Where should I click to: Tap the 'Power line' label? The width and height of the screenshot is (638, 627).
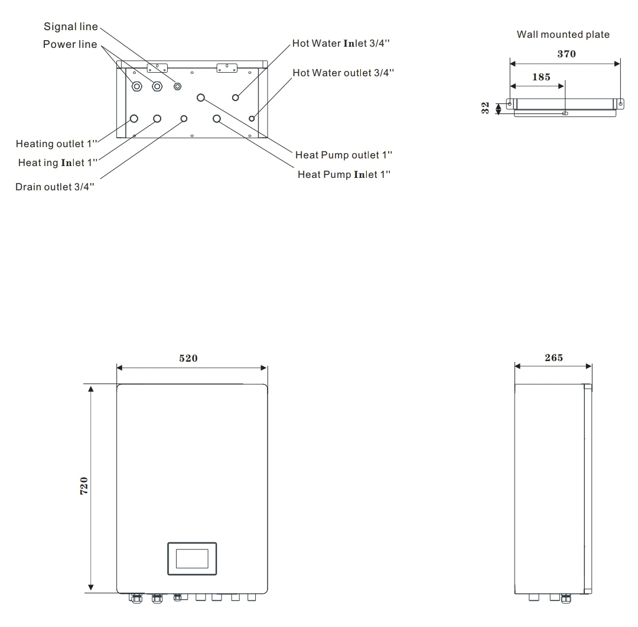click(x=70, y=45)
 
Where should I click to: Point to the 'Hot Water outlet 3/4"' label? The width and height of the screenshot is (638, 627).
click(x=343, y=73)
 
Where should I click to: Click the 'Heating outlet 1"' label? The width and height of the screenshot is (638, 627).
click(x=57, y=144)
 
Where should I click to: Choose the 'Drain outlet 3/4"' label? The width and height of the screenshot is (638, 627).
click(x=54, y=187)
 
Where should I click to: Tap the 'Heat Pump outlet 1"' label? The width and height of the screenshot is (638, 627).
click(x=344, y=155)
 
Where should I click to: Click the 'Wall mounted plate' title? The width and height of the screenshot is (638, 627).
click(x=563, y=35)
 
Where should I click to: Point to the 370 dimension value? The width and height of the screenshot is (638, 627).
click(x=567, y=54)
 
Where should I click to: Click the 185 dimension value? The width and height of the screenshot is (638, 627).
click(x=541, y=77)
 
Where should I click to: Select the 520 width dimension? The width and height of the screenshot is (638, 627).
click(x=188, y=358)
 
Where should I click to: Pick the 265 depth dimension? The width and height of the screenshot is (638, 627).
click(x=553, y=358)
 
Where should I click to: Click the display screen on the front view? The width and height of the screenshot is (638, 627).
click(x=192, y=558)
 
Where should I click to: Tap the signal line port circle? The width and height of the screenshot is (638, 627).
click(x=177, y=86)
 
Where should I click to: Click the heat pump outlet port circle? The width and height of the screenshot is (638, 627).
click(x=201, y=97)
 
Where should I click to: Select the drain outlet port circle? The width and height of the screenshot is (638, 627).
click(x=184, y=119)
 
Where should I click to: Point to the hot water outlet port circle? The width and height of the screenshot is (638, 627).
click(x=252, y=119)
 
